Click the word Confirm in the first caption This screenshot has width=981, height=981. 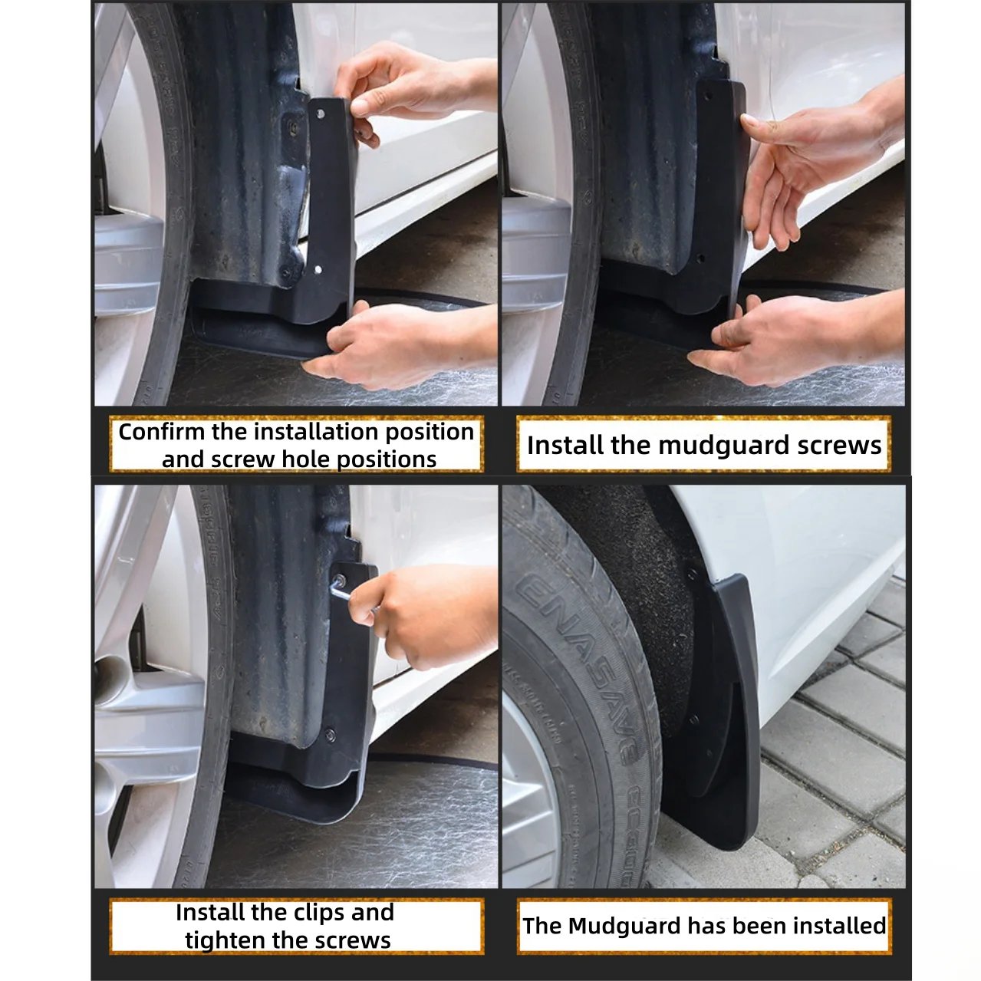(x=161, y=432)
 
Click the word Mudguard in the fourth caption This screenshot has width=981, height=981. (x=624, y=926)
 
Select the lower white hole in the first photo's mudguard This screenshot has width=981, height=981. (x=318, y=268)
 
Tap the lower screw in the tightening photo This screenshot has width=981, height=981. (x=330, y=733)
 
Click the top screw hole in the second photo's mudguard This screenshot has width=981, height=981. (x=706, y=95)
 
